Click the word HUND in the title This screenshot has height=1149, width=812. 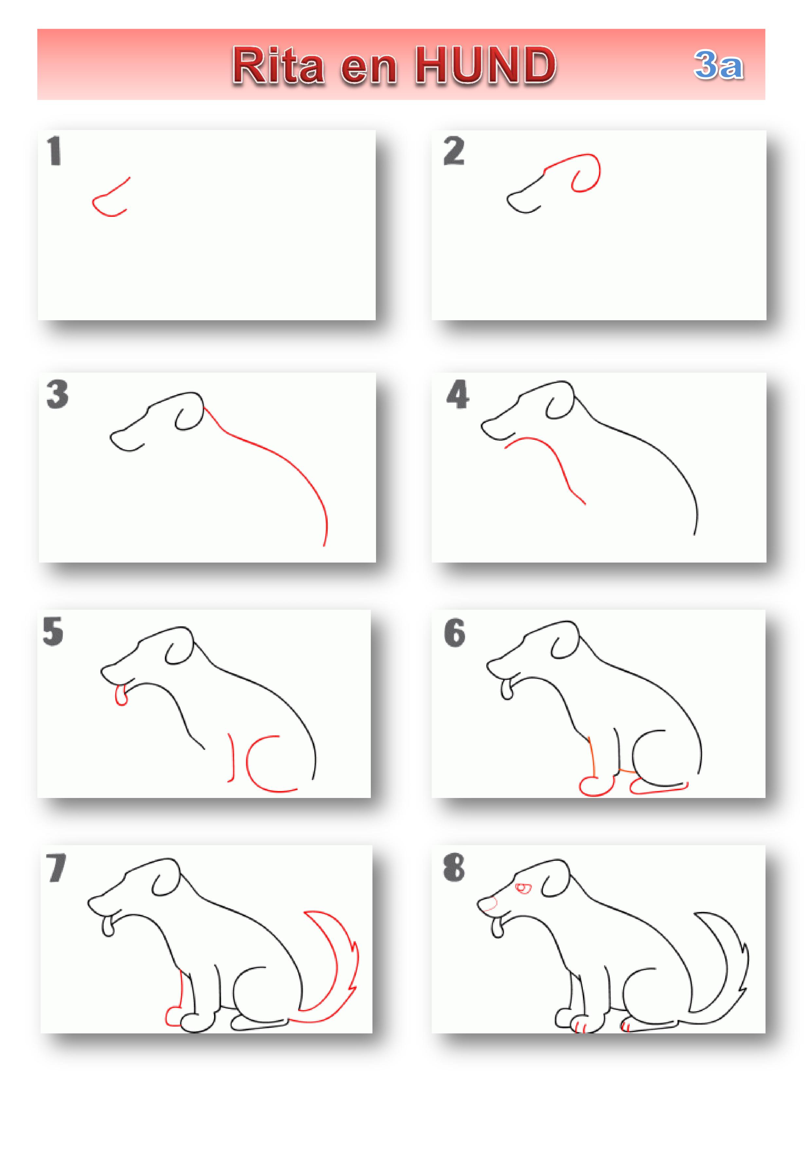click(x=486, y=65)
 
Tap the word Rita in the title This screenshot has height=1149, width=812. click(x=278, y=65)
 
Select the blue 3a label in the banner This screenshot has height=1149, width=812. click(x=718, y=65)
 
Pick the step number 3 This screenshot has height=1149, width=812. click(x=58, y=394)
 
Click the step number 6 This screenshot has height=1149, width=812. click(x=454, y=633)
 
